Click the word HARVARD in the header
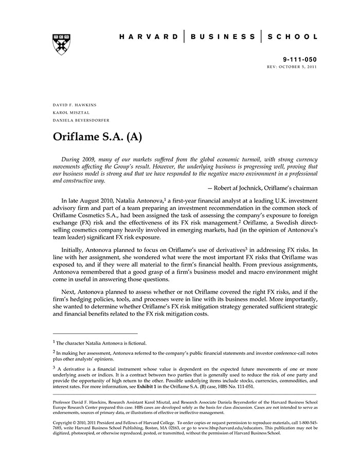pyautogui.click(x=149, y=37)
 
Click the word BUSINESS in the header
pyautogui.click(x=223, y=37)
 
